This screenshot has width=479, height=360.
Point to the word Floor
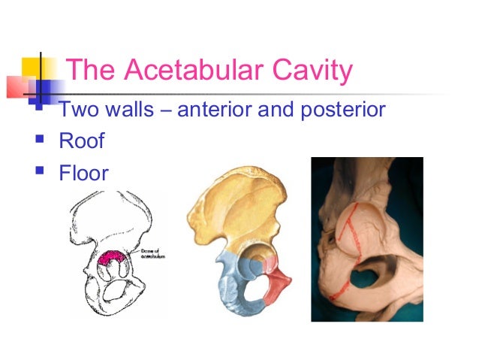[x=84, y=174]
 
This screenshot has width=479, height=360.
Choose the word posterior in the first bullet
[x=339, y=110]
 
